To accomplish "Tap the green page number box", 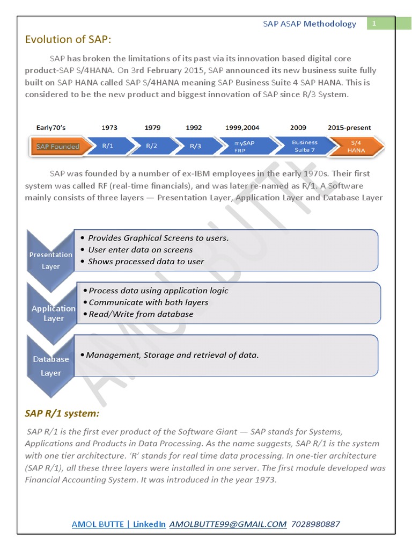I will tap(375, 24).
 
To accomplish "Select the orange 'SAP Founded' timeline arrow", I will tap(58, 146).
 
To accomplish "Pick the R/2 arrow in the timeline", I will tap(152, 146).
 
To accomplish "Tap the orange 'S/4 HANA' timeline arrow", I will tap(356, 146).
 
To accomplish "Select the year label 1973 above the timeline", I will tap(110, 127).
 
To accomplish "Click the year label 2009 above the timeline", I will tap(298, 127).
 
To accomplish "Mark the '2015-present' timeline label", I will tap(349, 127).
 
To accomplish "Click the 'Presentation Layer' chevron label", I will tap(51, 260).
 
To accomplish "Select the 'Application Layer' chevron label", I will tap(54, 313).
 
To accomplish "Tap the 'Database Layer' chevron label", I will tap(51, 366).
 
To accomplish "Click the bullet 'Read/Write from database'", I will tap(141, 314).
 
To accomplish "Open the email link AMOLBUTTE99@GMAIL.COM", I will tap(228, 524).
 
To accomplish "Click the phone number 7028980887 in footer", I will tap(316, 524).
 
